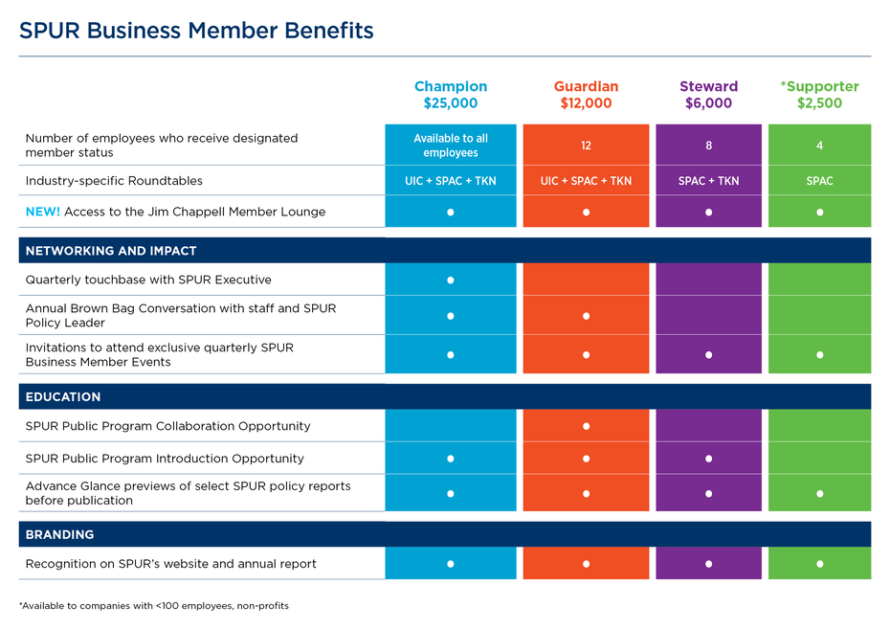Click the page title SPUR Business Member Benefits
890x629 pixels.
click(x=196, y=32)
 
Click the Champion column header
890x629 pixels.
click(x=450, y=86)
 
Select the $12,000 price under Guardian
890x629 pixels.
click(x=586, y=103)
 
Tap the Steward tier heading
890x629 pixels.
click(x=708, y=86)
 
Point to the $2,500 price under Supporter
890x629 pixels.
click(x=819, y=103)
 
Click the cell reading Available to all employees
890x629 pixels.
click(x=450, y=146)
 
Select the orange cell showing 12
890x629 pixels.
click(x=586, y=146)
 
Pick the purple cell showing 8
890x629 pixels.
click(x=708, y=146)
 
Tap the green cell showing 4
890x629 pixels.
click(x=819, y=146)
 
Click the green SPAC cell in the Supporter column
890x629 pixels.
click(x=819, y=181)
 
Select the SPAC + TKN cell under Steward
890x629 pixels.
click(x=708, y=181)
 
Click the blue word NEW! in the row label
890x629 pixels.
click(x=42, y=212)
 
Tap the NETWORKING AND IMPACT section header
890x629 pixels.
click(x=111, y=251)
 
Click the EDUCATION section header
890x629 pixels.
click(x=63, y=396)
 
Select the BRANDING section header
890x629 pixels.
click(x=59, y=534)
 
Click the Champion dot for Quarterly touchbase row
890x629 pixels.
click(x=450, y=281)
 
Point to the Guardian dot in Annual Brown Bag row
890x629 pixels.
click(x=586, y=316)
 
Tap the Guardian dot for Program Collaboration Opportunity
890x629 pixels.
click(x=586, y=426)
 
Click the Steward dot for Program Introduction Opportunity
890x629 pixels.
click(x=708, y=459)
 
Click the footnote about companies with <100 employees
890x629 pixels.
click(x=153, y=606)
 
